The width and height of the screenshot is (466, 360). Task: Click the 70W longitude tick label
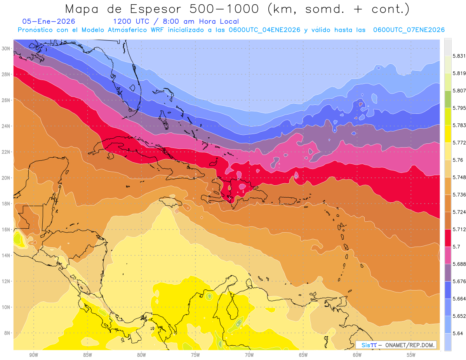pos(249,355)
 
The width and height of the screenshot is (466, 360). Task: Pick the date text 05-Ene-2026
pos(49,21)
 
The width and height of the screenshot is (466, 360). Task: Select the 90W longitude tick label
pos(34,355)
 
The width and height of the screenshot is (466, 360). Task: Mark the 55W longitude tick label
pos(411,355)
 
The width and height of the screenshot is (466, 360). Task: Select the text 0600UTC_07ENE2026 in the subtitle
pos(409,30)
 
